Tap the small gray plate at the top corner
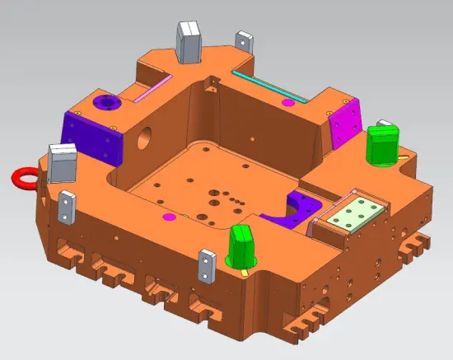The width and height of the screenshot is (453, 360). click(243, 40)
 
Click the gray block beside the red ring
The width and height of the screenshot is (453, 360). click(63, 162)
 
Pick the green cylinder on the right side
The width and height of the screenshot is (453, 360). click(381, 145)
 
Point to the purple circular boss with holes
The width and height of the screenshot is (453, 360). click(106, 103)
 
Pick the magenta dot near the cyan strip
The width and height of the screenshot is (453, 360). click(287, 103)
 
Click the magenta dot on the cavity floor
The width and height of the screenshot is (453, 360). click(169, 217)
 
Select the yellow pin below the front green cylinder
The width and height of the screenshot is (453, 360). click(248, 269)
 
